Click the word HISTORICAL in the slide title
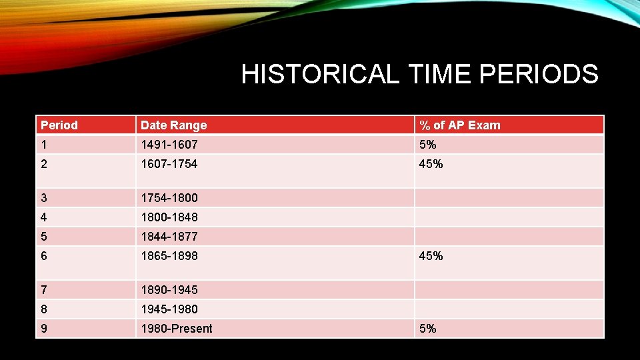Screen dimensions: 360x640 click(319, 75)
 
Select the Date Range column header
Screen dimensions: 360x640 click(173, 125)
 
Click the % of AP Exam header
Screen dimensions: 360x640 click(459, 125)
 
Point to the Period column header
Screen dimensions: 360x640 click(59, 125)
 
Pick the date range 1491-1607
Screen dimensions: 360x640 click(169, 145)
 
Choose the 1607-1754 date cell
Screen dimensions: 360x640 click(169, 164)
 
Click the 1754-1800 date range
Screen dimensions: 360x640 click(169, 198)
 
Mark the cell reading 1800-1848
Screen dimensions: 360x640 click(169, 217)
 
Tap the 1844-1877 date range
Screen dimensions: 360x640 click(169, 237)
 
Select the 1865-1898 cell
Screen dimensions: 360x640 click(169, 256)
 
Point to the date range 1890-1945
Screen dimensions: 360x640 click(169, 290)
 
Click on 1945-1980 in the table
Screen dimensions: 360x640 click(169, 309)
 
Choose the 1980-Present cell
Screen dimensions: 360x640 click(177, 329)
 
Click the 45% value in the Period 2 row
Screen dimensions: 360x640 click(431, 164)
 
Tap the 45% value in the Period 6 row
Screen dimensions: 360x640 click(431, 256)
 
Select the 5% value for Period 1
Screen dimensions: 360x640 click(427, 145)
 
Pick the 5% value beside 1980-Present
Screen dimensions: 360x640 click(427, 329)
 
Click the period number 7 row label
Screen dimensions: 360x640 click(44, 290)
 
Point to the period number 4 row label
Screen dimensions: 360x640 click(44, 217)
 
